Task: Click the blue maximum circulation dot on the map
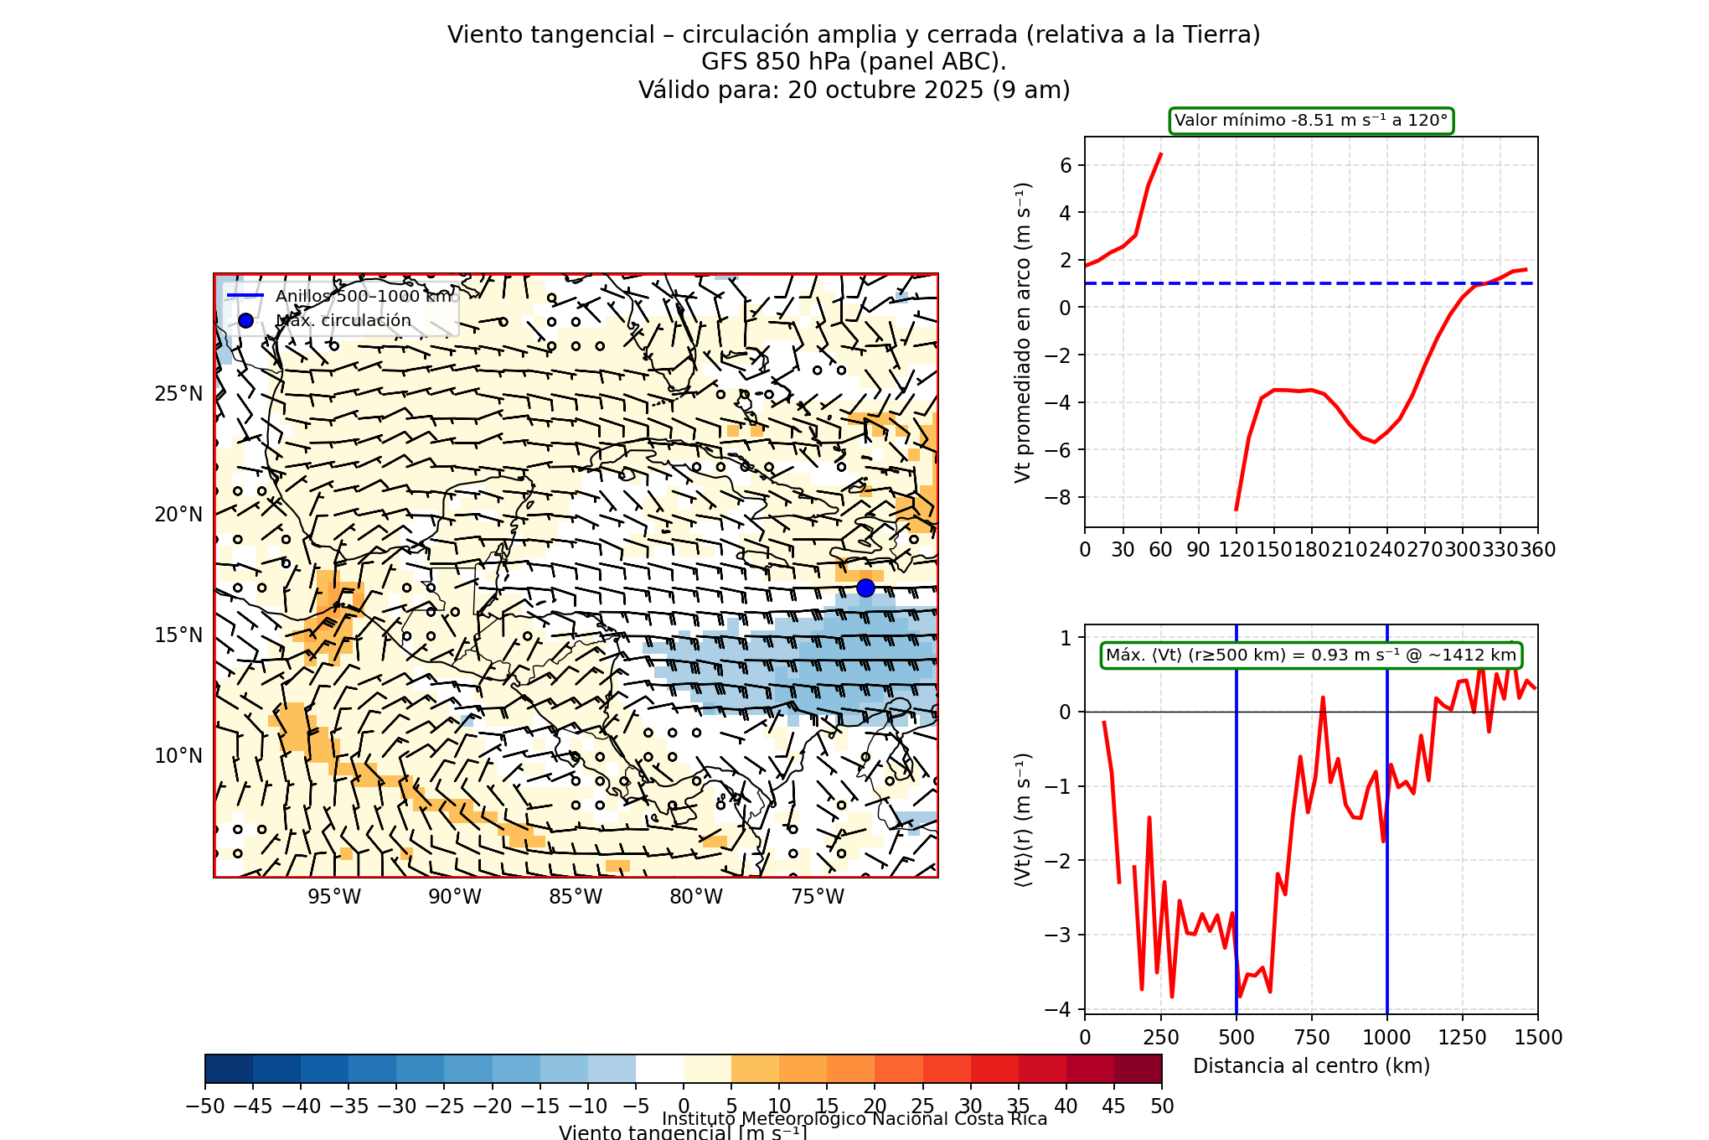(x=865, y=588)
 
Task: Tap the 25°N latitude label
(x=178, y=394)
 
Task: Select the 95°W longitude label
(x=334, y=897)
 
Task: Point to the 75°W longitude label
(x=818, y=897)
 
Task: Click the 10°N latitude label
(x=178, y=756)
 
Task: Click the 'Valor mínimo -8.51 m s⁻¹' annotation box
(x=1310, y=121)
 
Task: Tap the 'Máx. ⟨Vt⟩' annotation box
(x=1310, y=655)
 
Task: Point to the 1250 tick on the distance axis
(x=1462, y=1038)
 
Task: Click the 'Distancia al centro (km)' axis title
(x=1311, y=1066)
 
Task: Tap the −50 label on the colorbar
(x=205, y=1106)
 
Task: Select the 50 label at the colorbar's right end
(x=1161, y=1106)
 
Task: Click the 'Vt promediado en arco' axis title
(x=1022, y=332)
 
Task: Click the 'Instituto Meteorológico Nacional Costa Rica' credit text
(x=854, y=1119)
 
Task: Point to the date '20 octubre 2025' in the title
(x=885, y=90)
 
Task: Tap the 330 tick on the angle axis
(x=1500, y=550)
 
